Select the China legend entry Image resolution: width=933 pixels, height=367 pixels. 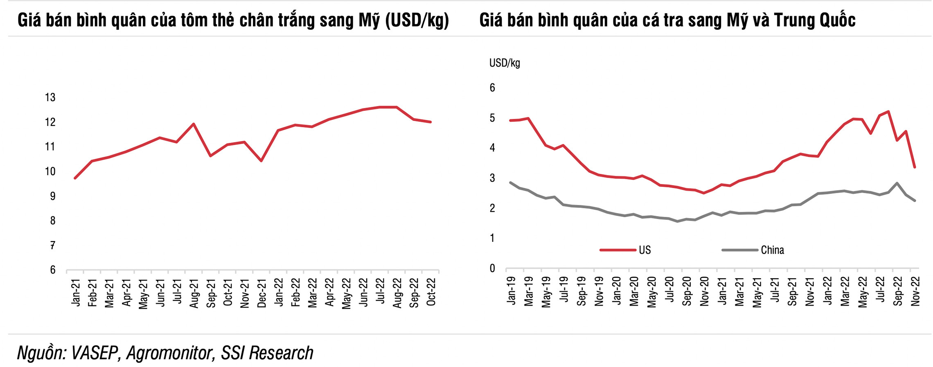(772, 250)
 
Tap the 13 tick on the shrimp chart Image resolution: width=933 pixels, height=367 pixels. (50, 97)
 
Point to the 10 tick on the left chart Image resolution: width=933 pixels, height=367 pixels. (50, 171)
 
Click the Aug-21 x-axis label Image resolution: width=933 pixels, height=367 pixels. (194, 293)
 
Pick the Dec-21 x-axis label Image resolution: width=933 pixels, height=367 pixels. (262, 293)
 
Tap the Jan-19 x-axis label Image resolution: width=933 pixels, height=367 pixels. (511, 290)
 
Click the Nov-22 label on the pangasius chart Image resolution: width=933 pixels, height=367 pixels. (915, 291)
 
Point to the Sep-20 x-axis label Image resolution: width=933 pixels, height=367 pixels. (687, 291)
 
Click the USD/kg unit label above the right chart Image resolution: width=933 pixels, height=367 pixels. (505, 63)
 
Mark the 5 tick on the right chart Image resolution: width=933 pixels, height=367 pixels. (492, 118)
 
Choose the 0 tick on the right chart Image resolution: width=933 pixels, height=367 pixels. (492, 268)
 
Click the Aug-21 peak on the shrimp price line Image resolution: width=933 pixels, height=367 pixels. (194, 124)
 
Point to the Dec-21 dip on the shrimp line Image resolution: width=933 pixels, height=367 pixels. (261, 161)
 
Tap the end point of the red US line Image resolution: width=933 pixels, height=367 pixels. (915, 167)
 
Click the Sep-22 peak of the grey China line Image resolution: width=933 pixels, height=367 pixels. (897, 183)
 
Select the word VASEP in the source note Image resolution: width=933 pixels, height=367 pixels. (95, 353)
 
